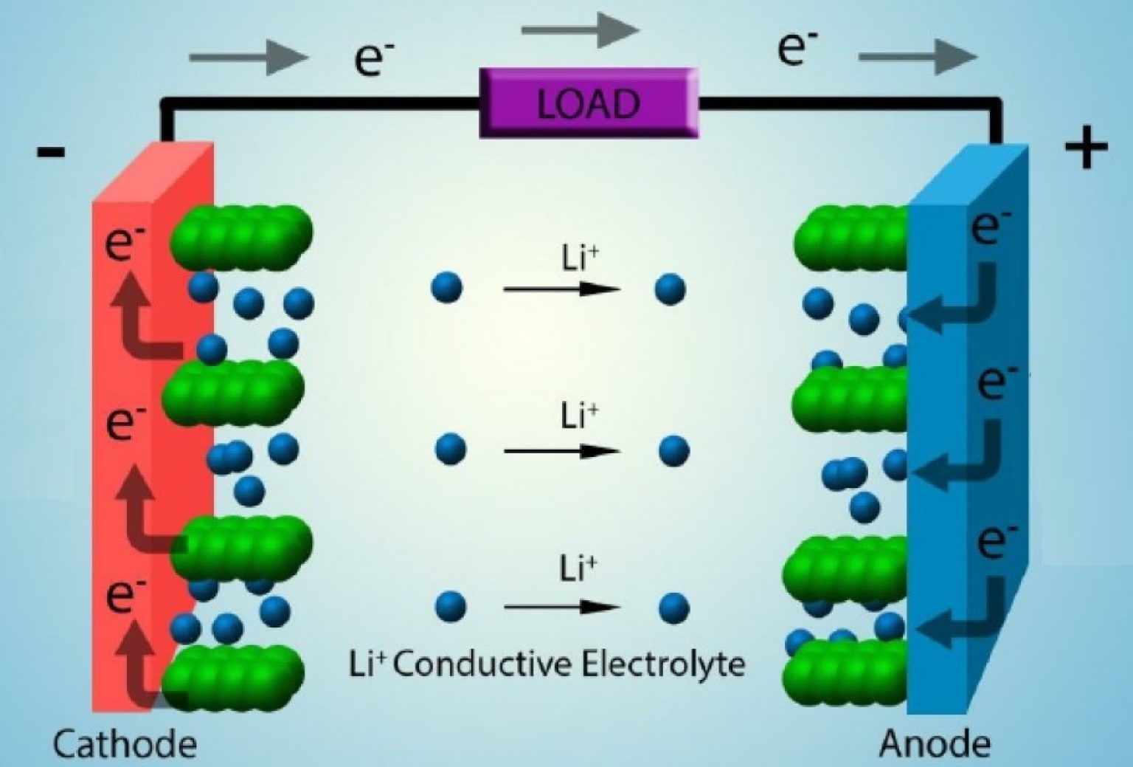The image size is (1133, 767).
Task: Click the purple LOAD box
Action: [588, 103]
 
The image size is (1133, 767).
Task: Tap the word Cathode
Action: [125, 743]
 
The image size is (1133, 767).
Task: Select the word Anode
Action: [934, 743]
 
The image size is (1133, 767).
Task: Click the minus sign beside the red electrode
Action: [51, 153]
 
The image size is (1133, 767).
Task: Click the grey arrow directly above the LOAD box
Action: [579, 30]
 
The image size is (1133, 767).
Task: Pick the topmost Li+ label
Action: [580, 258]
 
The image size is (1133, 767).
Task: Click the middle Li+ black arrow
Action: [561, 451]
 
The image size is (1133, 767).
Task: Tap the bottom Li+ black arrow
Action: [561, 608]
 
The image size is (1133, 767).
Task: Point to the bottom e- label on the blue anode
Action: [997, 541]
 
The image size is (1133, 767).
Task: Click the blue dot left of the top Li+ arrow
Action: [446, 287]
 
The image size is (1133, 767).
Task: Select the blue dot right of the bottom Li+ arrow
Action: [673, 608]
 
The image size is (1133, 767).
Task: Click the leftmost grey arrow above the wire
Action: [248, 57]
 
